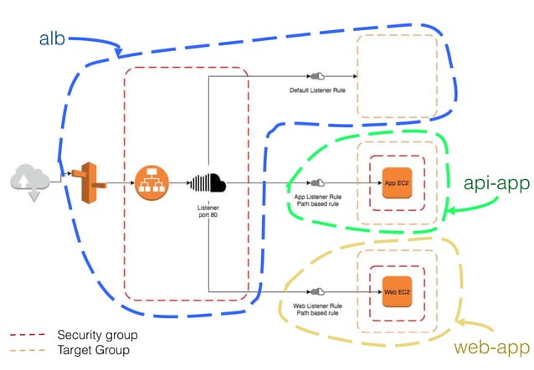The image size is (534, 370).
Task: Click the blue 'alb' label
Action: point(52,39)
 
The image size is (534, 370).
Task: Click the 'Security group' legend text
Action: point(96,335)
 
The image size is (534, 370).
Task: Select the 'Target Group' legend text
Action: point(93,350)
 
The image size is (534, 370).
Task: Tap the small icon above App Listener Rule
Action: point(317,182)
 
